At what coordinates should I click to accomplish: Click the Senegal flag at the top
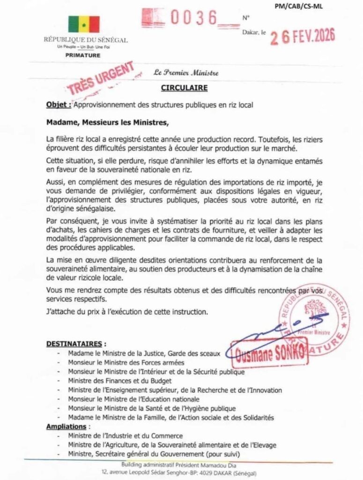(84, 24)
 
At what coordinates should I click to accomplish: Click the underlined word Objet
(58, 105)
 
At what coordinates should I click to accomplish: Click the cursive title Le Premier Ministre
(185, 73)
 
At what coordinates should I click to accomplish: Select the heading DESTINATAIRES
(76, 344)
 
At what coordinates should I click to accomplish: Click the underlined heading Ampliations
(67, 427)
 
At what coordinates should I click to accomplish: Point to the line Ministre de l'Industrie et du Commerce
(125, 435)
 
